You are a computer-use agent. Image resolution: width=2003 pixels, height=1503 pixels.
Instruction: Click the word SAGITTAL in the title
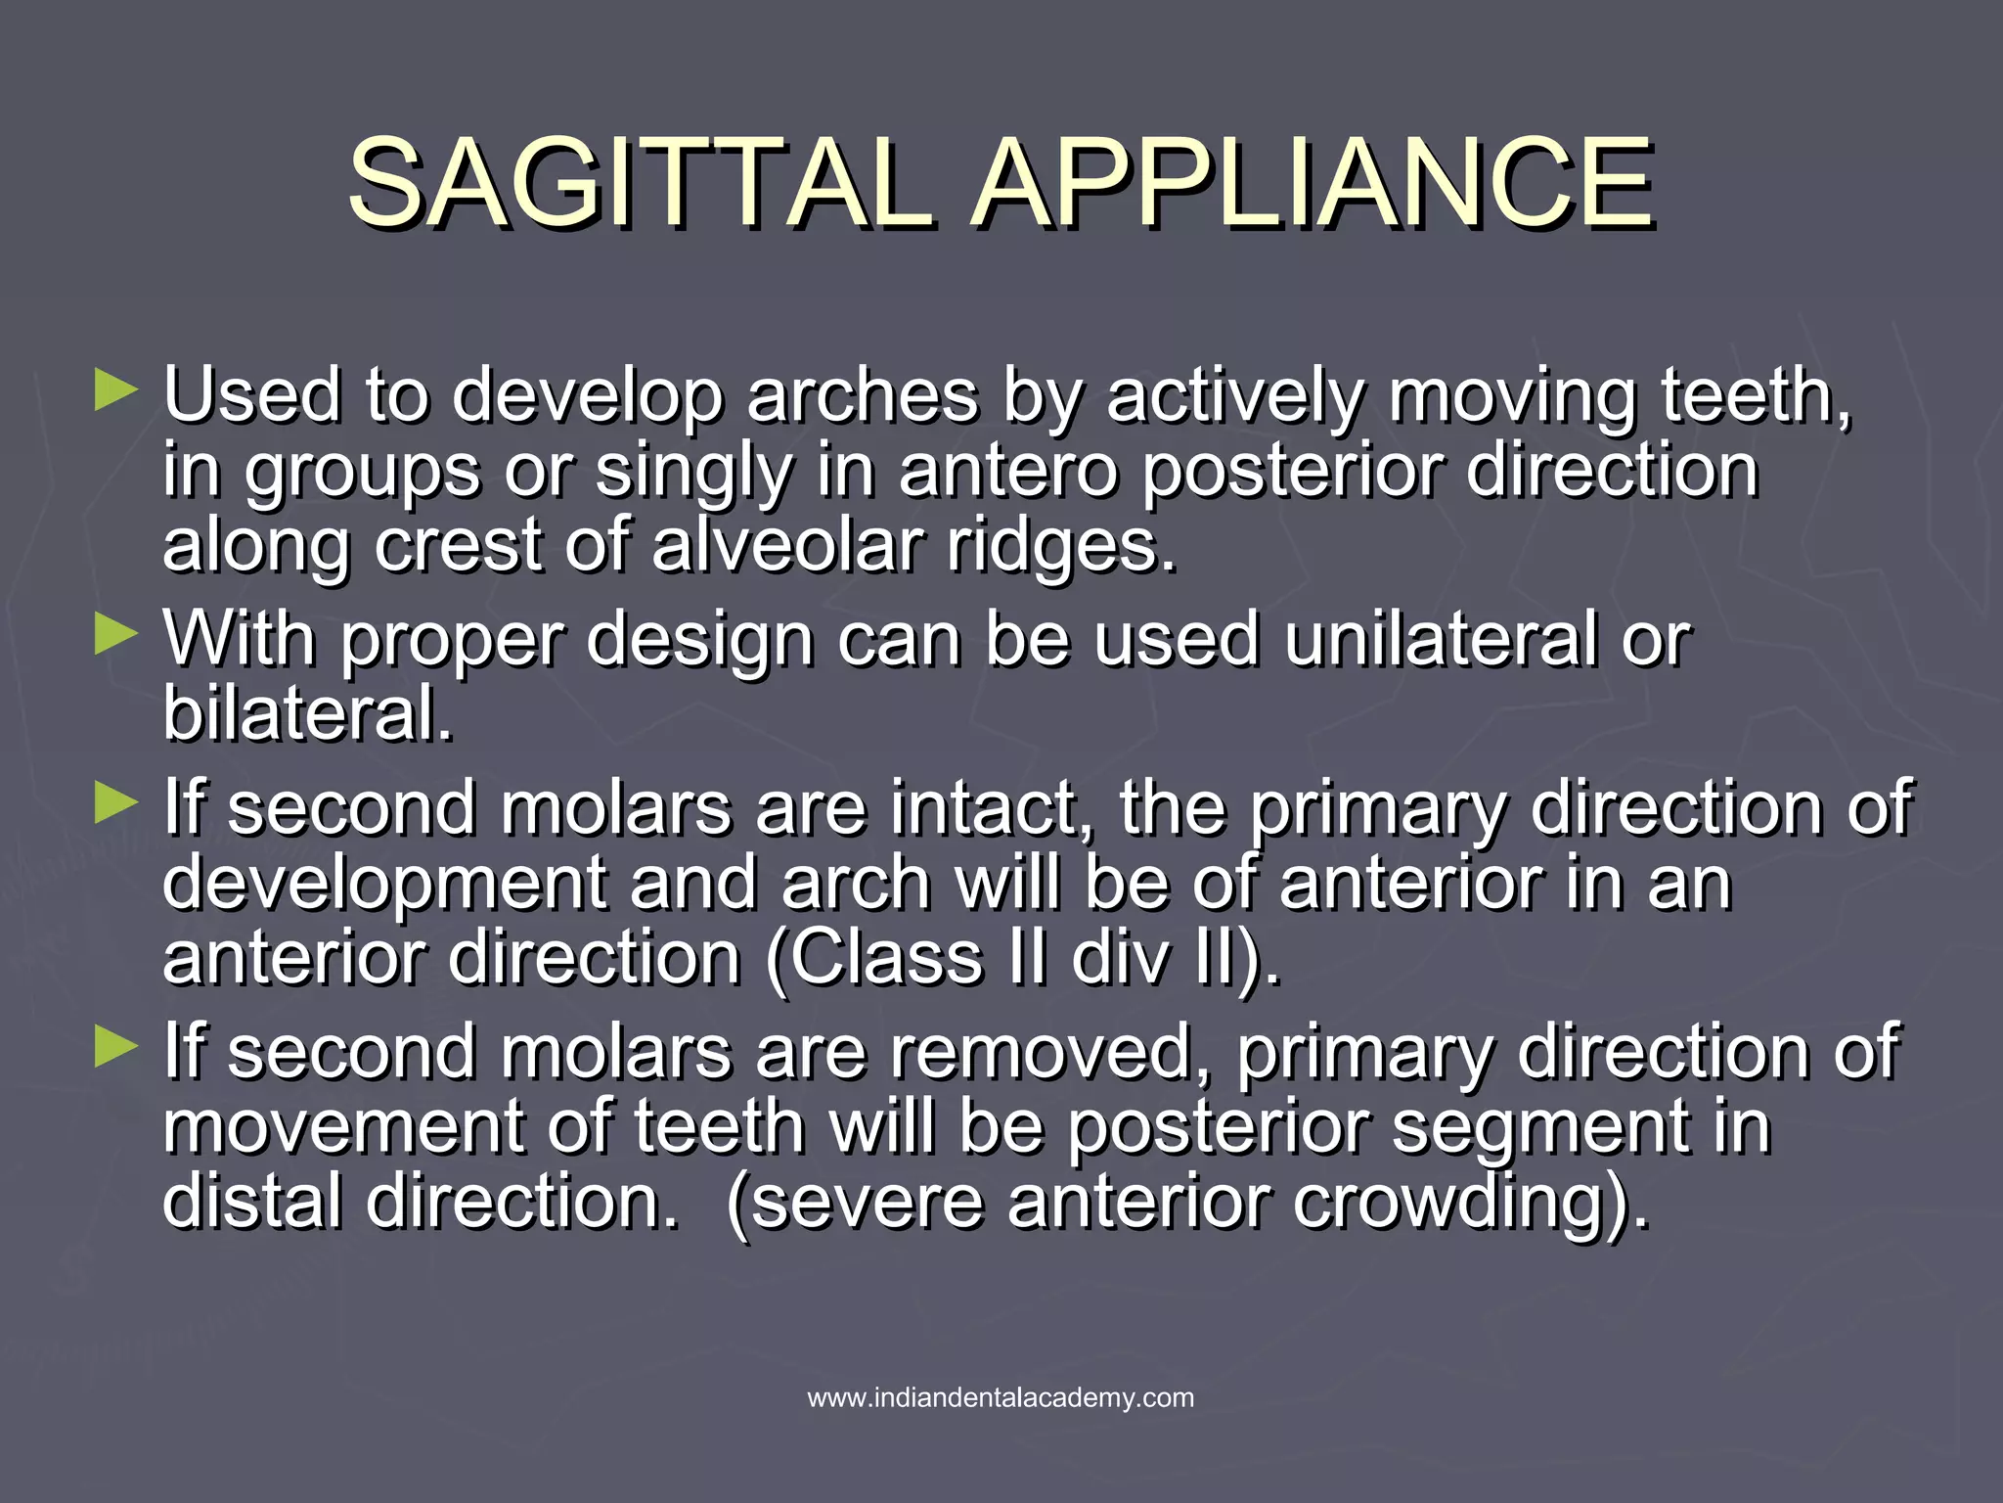[x=641, y=182]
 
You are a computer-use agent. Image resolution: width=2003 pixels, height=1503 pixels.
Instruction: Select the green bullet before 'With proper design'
[x=116, y=635]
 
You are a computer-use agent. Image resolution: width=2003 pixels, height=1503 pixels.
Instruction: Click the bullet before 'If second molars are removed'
[x=116, y=1048]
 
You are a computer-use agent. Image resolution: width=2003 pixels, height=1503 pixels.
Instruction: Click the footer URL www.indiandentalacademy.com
[x=1001, y=1397]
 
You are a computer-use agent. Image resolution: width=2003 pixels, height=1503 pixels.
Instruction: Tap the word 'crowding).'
[x=1471, y=1203]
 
